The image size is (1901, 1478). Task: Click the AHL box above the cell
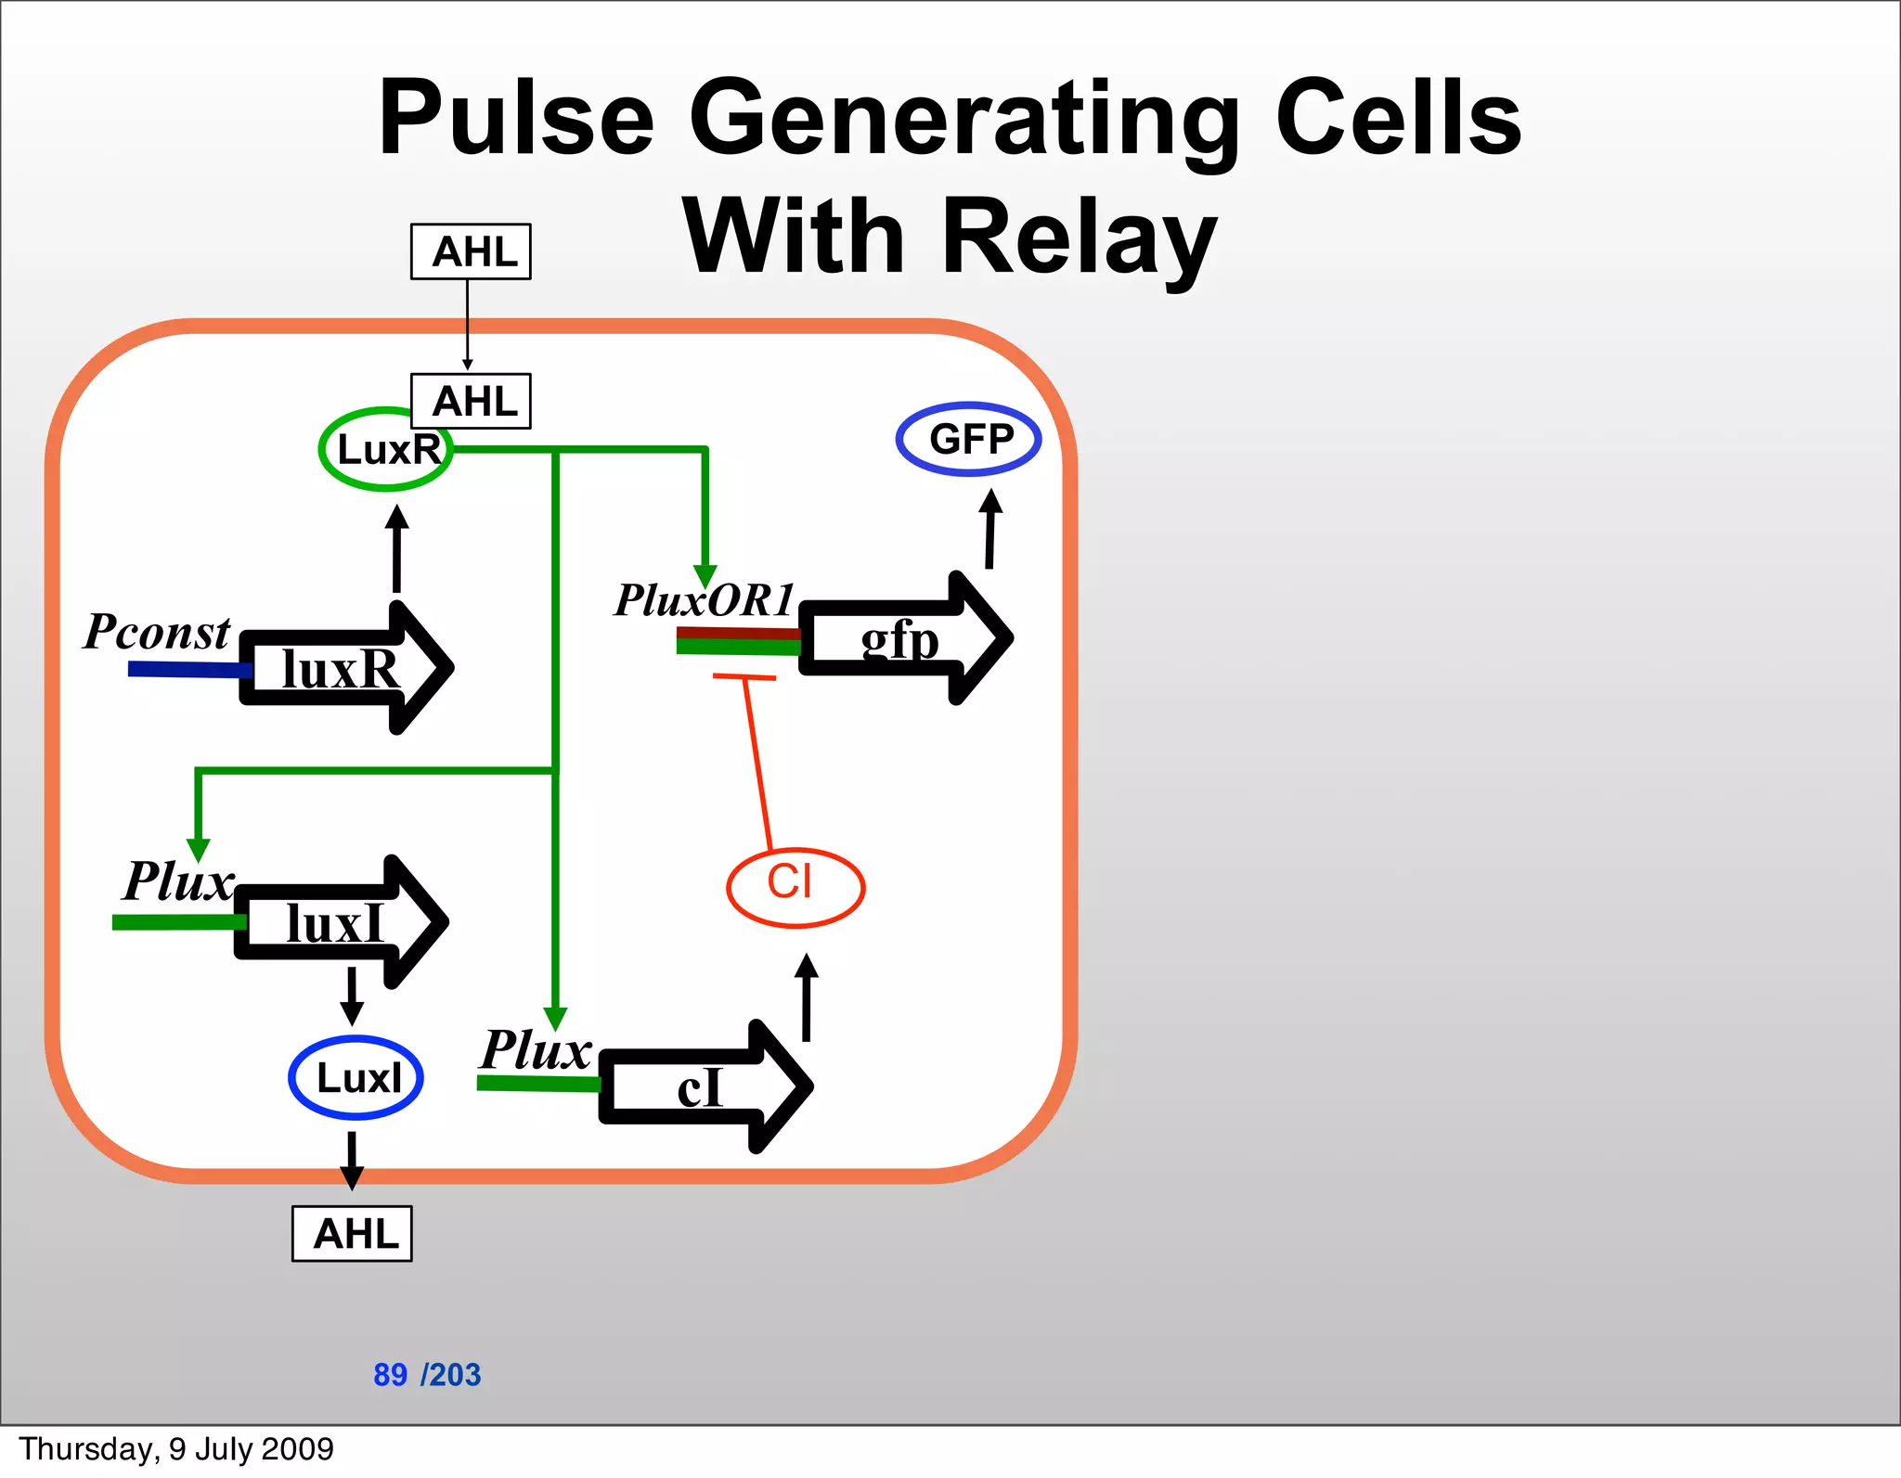pos(471,251)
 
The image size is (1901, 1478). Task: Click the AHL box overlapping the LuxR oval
pos(471,401)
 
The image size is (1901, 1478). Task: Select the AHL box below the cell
pos(352,1233)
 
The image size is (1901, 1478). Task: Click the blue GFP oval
pos(968,439)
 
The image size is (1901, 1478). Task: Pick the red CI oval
pos(795,886)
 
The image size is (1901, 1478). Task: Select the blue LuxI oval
pos(356,1077)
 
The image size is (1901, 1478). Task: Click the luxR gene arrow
pos(343,668)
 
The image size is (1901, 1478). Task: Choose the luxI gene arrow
pos(339,922)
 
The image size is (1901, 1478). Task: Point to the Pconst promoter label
pos(156,632)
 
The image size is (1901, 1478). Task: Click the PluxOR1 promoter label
pos(705,599)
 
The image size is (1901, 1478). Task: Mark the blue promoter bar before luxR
pos(186,669)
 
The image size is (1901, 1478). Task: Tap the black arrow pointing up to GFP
pos(990,529)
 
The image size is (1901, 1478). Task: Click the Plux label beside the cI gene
pos(536,1049)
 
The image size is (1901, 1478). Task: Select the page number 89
pos(390,1374)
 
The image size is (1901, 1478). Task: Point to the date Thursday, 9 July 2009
pos(176,1448)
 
